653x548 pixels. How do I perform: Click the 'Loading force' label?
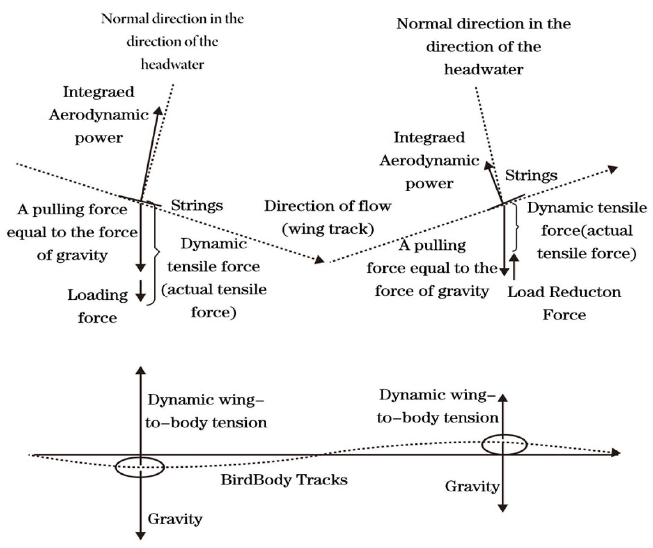(x=97, y=306)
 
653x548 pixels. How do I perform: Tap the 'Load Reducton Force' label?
(x=564, y=303)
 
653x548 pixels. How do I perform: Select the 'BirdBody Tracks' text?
(x=284, y=480)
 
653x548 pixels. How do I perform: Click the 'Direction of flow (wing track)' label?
(x=328, y=218)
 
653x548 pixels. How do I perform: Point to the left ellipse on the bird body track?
(x=139, y=467)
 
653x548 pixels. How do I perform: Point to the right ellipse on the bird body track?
(x=504, y=444)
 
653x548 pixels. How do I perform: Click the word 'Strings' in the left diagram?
(x=197, y=205)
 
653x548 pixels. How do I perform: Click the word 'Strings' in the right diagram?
(x=531, y=175)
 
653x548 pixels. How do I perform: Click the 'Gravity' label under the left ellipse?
(x=175, y=519)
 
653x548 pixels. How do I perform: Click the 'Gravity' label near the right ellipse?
(x=472, y=486)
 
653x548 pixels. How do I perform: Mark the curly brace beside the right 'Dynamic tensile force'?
(x=516, y=227)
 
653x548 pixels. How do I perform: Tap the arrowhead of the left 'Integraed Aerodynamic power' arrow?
(x=158, y=111)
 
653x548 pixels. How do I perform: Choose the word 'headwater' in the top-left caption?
(x=172, y=64)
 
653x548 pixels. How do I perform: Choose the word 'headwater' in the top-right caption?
(x=484, y=70)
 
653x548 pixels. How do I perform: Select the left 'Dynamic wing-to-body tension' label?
(x=206, y=411)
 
